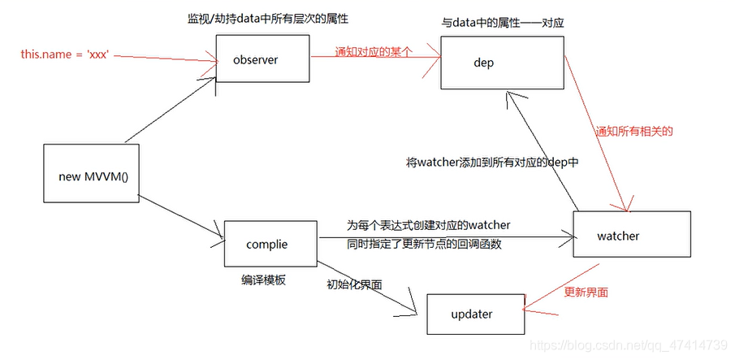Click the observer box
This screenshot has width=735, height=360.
(262, 60)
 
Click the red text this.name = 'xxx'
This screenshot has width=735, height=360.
(65, 54)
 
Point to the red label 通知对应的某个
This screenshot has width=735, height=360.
(374, 50)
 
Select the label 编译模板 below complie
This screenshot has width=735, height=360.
(263, 280)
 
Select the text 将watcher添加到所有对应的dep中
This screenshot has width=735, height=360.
(492, 163)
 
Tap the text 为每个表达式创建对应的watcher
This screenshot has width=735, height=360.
(428, 224)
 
